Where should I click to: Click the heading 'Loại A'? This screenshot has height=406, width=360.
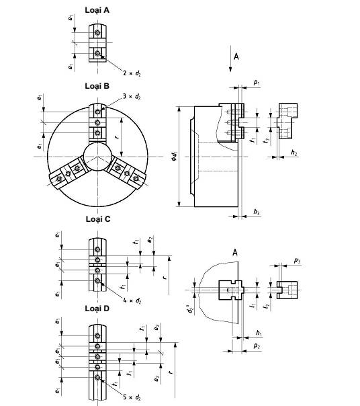point(97,9)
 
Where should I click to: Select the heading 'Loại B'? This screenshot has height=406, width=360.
point(97,86)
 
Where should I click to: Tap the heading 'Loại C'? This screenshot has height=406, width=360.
point(97,219)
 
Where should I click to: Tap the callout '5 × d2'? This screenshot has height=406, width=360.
point(132,396)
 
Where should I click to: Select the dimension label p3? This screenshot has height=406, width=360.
point(297,260)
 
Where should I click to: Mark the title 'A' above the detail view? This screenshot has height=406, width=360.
point(234,251)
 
